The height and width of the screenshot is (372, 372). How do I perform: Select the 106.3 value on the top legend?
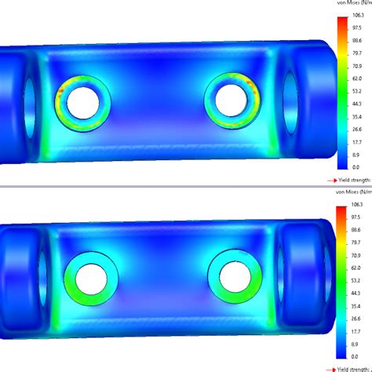358,14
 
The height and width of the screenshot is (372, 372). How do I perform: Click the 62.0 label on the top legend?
357,78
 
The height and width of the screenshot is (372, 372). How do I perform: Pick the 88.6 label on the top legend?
357,40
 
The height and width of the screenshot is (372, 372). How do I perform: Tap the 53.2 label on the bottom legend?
357,280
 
